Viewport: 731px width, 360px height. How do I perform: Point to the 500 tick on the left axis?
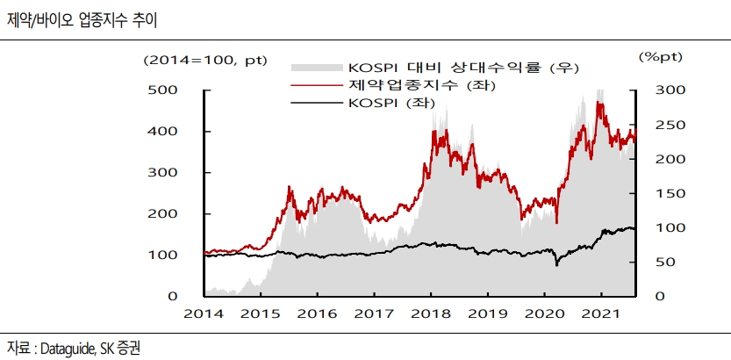click(x=167, y=90)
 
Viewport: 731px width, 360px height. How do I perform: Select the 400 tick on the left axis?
click(x=167, y=132)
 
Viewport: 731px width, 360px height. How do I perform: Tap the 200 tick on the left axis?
click(x=167, y=214)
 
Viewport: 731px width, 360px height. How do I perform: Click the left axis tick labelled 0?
click(x=175, y=296)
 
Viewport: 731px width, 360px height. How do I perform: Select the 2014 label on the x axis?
click(x=204, y=313)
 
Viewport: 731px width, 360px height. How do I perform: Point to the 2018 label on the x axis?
click(x=432, y=313)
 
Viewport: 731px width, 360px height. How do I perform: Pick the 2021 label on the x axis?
click(x=599, y=313)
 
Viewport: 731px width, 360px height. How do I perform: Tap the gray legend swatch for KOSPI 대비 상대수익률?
click(x=315, y=68)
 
